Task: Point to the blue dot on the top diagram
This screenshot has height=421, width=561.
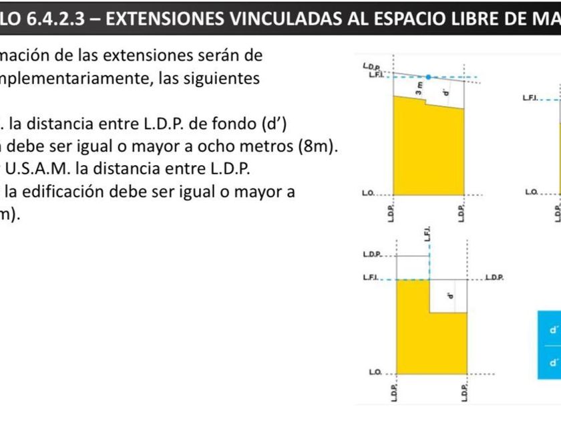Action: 429,78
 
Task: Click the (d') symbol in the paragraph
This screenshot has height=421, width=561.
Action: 275,124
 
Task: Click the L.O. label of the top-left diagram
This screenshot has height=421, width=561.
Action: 367,193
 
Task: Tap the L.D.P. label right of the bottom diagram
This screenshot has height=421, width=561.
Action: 494,276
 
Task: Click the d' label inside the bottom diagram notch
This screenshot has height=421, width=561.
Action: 450,295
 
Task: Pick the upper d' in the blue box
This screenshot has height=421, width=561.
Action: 552,330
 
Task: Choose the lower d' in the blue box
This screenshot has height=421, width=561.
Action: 552,363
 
